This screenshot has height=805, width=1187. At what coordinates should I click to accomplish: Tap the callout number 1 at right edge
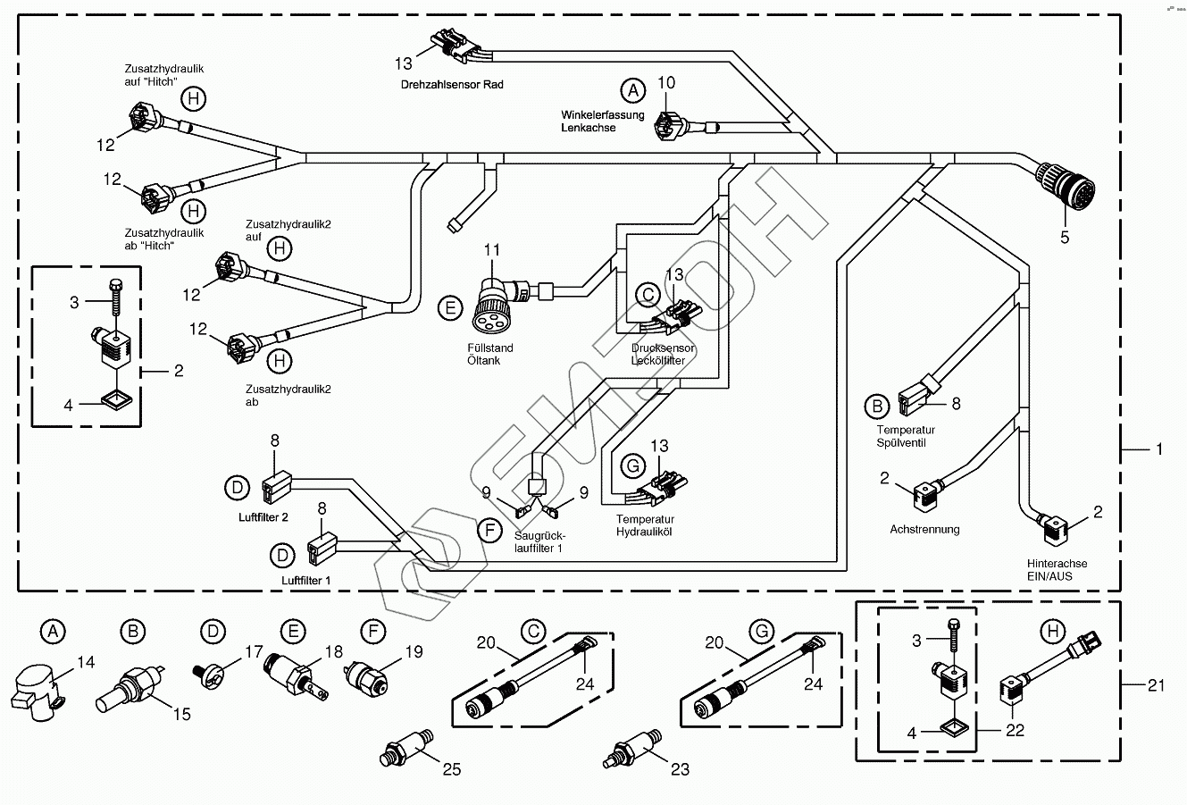[1159, 449]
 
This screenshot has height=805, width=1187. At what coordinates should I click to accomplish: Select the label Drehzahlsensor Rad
[451, 84]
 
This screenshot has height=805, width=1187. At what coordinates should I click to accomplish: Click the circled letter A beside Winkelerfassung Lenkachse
[632, 90]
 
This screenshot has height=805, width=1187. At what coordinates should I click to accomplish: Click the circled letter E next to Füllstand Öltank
[451, 309]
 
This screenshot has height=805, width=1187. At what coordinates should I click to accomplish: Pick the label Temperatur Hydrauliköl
[645, 524]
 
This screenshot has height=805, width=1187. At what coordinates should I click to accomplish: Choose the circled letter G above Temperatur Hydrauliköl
[631, 465]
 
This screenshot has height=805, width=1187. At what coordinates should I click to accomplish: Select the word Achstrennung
[924, 529]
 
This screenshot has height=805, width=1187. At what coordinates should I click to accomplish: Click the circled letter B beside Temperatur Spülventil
[877, 407]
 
